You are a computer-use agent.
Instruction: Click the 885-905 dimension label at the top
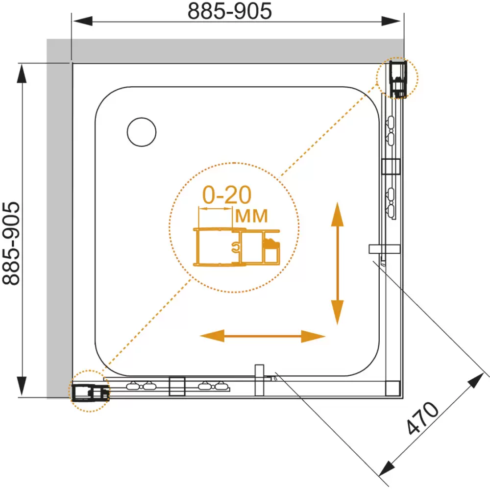[x=230, y=11]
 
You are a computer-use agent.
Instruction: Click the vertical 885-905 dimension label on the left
[x=11, y=244]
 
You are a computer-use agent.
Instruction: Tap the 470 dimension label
[x=422, y=418]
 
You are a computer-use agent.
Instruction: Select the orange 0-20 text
[x=227, y=195]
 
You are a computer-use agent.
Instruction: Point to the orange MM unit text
[x=251, y=216]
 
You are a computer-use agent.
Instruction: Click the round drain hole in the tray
[x=142, y=132]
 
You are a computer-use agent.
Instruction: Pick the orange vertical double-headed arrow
[x=337, y=264]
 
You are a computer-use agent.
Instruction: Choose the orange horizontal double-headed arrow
[x=263, y=336]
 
